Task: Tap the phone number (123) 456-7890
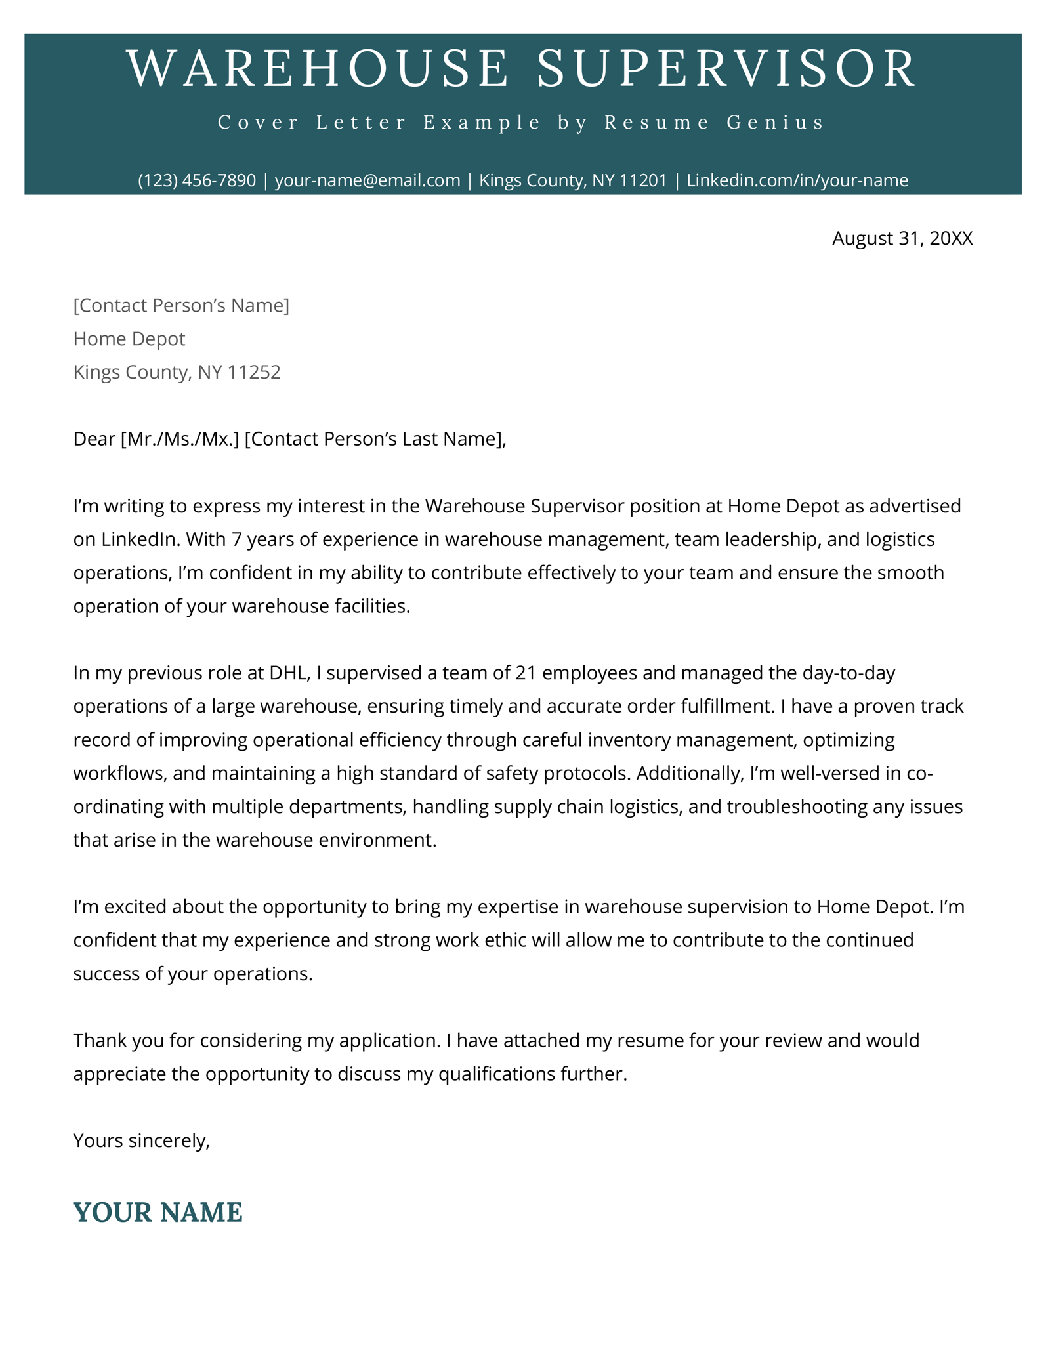[x=197, y=180]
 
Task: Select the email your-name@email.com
[x=367, y=180]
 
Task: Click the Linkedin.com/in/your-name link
[x=797, y=180]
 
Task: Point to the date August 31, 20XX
[x=902, y=238]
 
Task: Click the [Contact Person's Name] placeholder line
[x=181, y=305]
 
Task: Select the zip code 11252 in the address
[x=254, y=372]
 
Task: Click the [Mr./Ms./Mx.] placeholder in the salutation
[x=180, y=439]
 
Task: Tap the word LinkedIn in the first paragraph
[x=140, y=539]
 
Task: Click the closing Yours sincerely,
[x=142, y=1140]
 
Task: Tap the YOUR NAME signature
[x=158, y=1212]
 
